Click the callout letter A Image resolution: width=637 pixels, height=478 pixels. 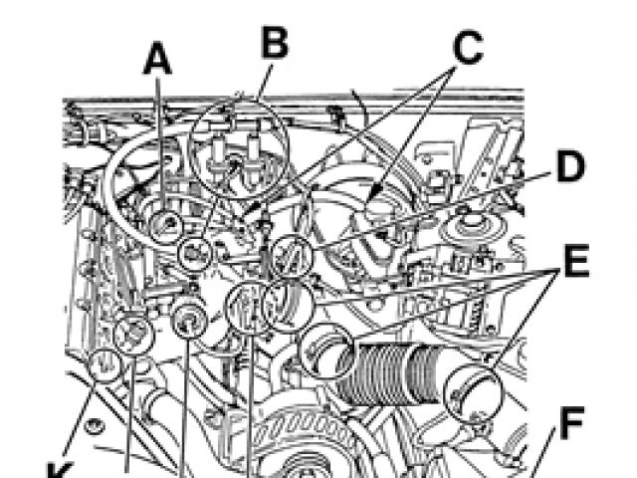(157, 59)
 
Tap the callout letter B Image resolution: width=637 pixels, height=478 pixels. (275, 42)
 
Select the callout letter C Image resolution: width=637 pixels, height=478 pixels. (468, 48)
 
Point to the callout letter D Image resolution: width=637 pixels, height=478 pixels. (570, 166)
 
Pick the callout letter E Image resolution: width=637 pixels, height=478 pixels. (576, 261)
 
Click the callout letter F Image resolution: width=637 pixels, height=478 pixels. (572, 422)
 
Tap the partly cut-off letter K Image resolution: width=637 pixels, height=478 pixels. (61, 470)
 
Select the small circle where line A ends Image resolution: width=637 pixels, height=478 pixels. (166, 225)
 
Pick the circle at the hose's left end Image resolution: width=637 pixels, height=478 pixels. (325, 352)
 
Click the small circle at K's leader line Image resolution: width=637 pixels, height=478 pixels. (105, 365)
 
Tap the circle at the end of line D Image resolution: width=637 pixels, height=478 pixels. (292, 256)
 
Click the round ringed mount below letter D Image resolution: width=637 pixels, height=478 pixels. (471, 227)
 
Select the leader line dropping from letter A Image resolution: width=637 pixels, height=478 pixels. (160, 142)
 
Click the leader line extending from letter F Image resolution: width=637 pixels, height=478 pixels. (540, 452)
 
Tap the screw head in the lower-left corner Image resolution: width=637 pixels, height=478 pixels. (95, 426)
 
